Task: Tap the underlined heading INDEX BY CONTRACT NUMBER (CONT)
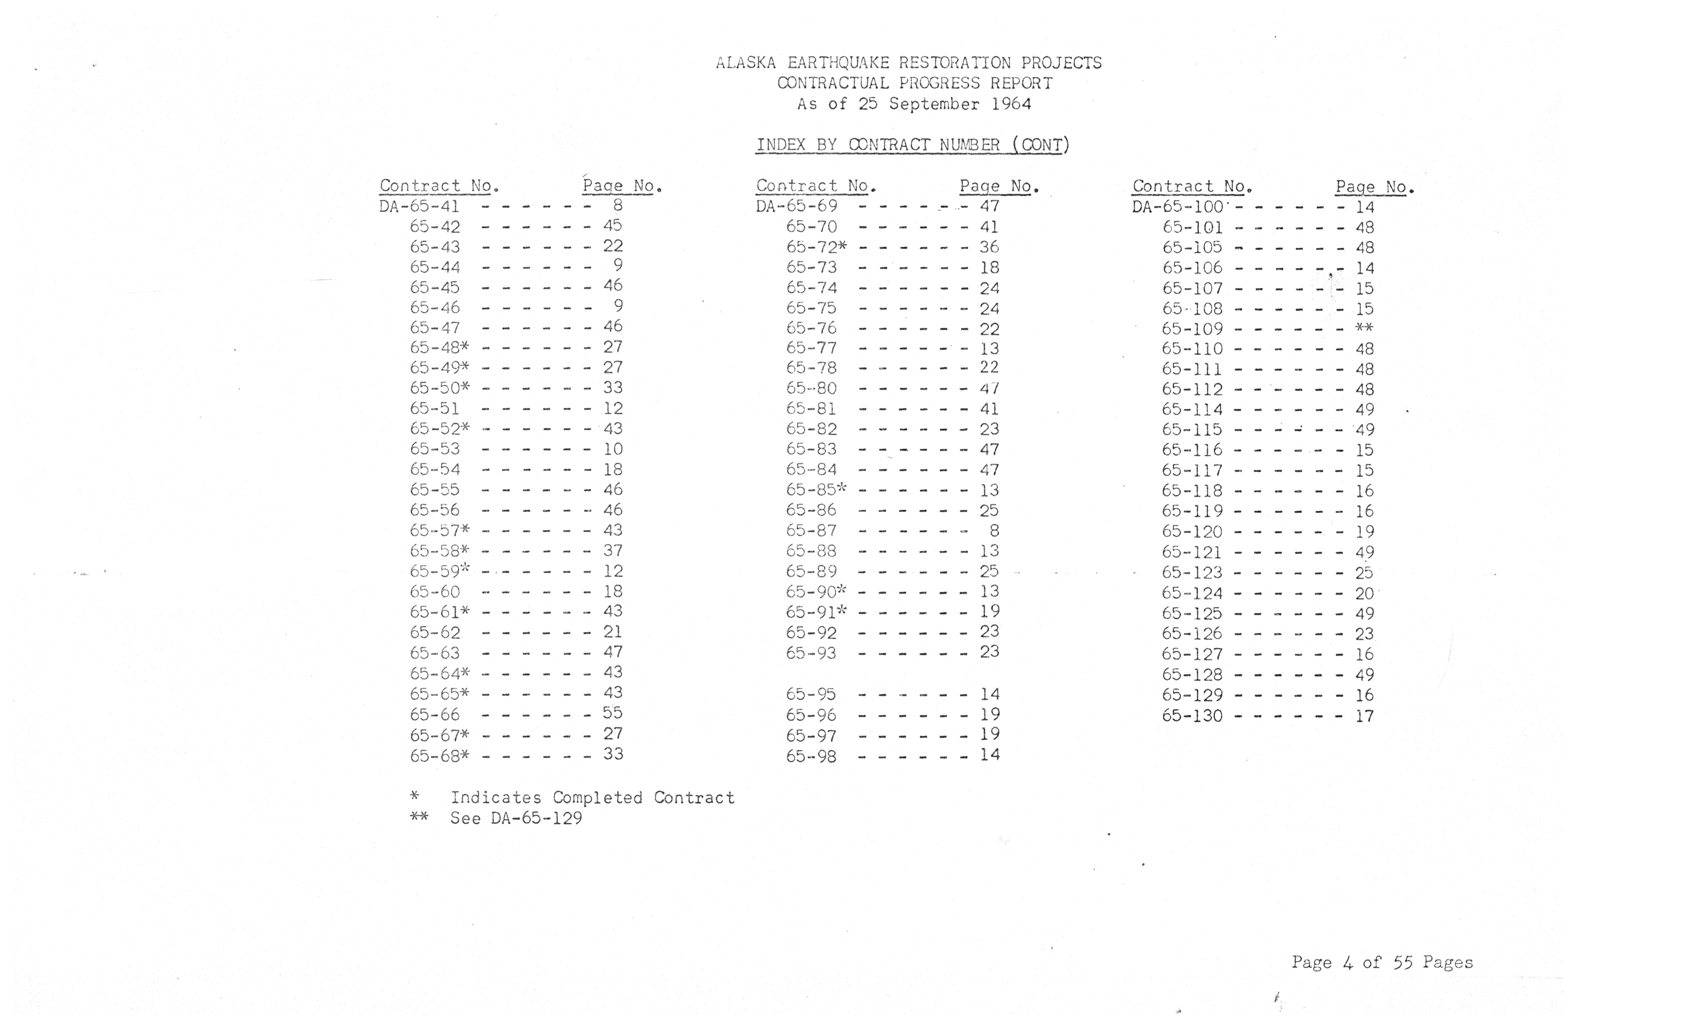click(x=912, y=145)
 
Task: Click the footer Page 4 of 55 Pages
click(x=1382, y=962)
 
